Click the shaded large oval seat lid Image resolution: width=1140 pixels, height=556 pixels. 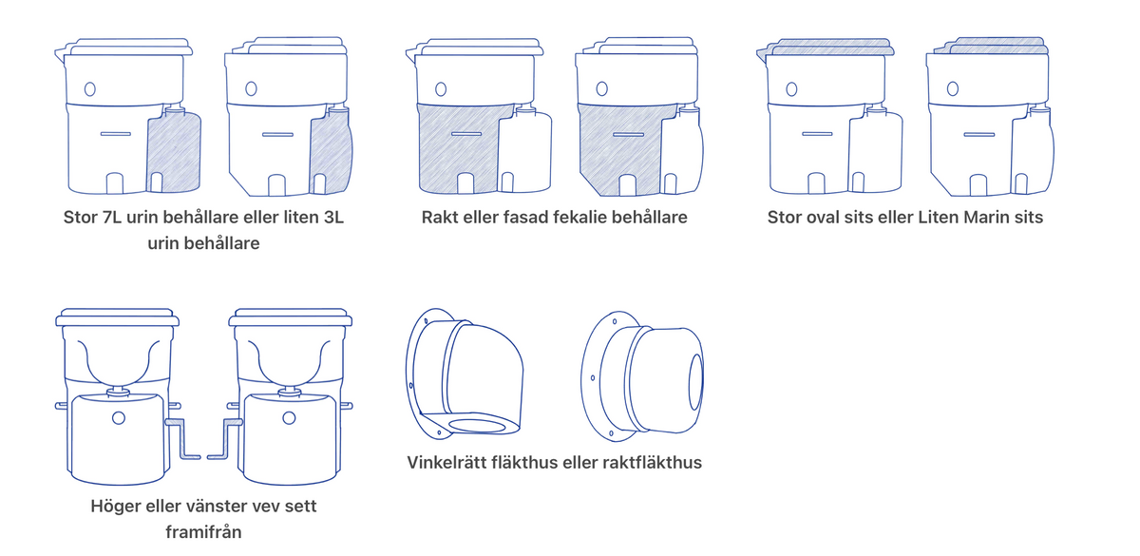coord(826,47)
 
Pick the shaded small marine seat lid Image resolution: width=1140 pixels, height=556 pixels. coord(992,46)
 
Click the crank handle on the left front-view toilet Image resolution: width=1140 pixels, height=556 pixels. coord(183,439)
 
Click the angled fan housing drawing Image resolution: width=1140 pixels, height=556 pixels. coord(465,374)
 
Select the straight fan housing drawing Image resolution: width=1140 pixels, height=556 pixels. coord(642,376)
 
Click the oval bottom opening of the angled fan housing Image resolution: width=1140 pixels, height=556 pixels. coord(477,426)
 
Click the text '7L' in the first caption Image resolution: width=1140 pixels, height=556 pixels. coord(112,218)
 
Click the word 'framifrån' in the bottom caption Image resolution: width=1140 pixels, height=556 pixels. coord(203,532)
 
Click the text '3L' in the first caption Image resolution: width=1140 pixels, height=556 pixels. coord(333,218)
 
